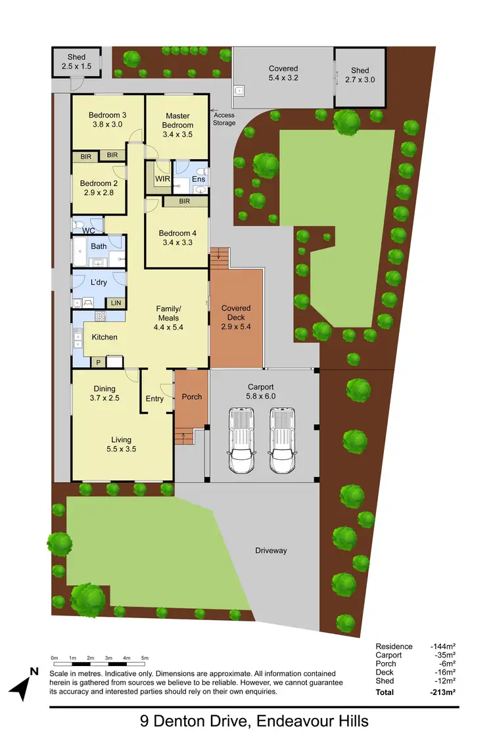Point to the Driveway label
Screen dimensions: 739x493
tap(271, 550)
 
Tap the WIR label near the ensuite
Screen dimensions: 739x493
tap(163, 179)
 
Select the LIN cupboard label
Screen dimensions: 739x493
tap(116, 303)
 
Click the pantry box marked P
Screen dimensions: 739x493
tap(98, 361)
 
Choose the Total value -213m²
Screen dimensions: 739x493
tap(443, 692)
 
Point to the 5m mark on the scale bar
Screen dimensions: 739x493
tap(145, 658)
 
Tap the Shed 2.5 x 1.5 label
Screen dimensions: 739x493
tap(76, 62)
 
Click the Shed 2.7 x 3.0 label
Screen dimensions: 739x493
tap(360, 75)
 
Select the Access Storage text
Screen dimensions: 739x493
tap(224, 119)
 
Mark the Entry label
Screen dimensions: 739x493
tap(154, 399)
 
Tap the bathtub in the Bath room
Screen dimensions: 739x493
tap(80, 250)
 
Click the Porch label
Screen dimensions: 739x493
tap(191, 397)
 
